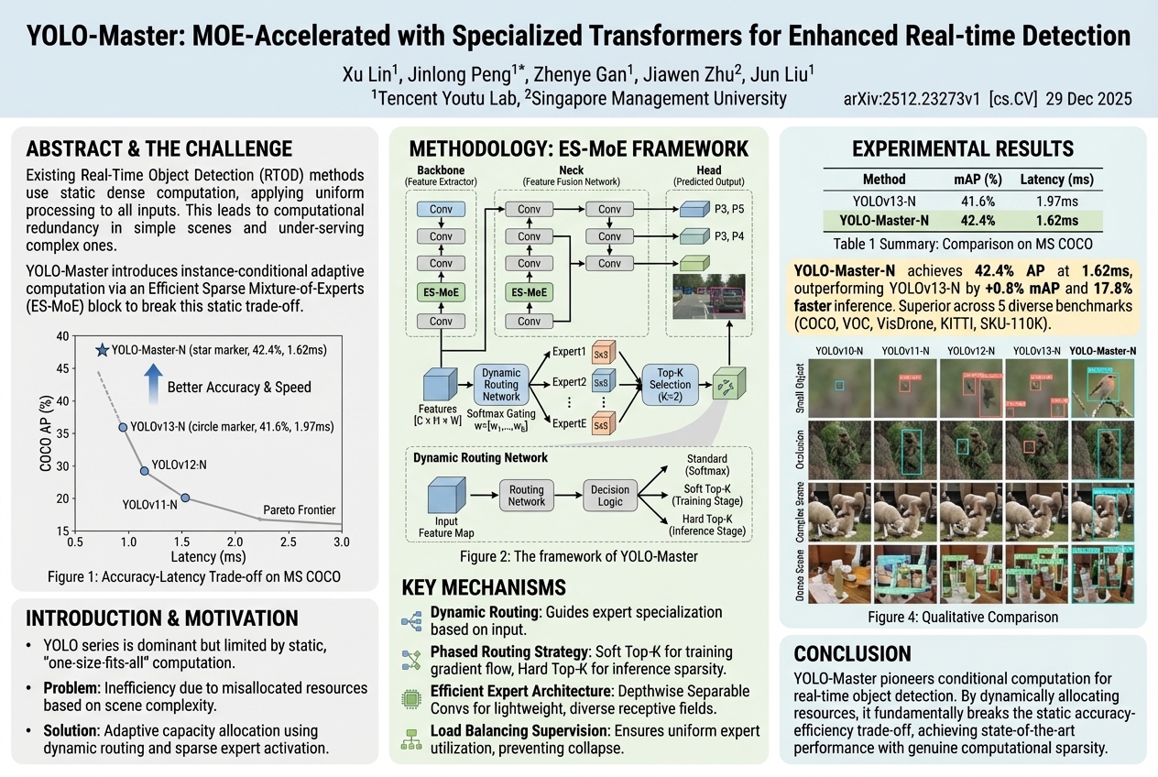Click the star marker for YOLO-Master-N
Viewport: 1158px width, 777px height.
point(102,350)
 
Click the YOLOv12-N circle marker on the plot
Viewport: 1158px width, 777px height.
point(144,471)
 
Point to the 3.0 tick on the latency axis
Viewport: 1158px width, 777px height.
point(342,542)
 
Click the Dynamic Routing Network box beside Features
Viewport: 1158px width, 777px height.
point(500,383)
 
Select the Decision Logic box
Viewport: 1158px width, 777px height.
point(610,496)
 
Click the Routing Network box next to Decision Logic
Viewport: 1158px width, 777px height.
point(526,496)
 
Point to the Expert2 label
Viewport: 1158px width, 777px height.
point(569,382)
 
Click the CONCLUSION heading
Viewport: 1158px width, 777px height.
point(852,653)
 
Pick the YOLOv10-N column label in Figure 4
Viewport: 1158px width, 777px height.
point(839,351)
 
